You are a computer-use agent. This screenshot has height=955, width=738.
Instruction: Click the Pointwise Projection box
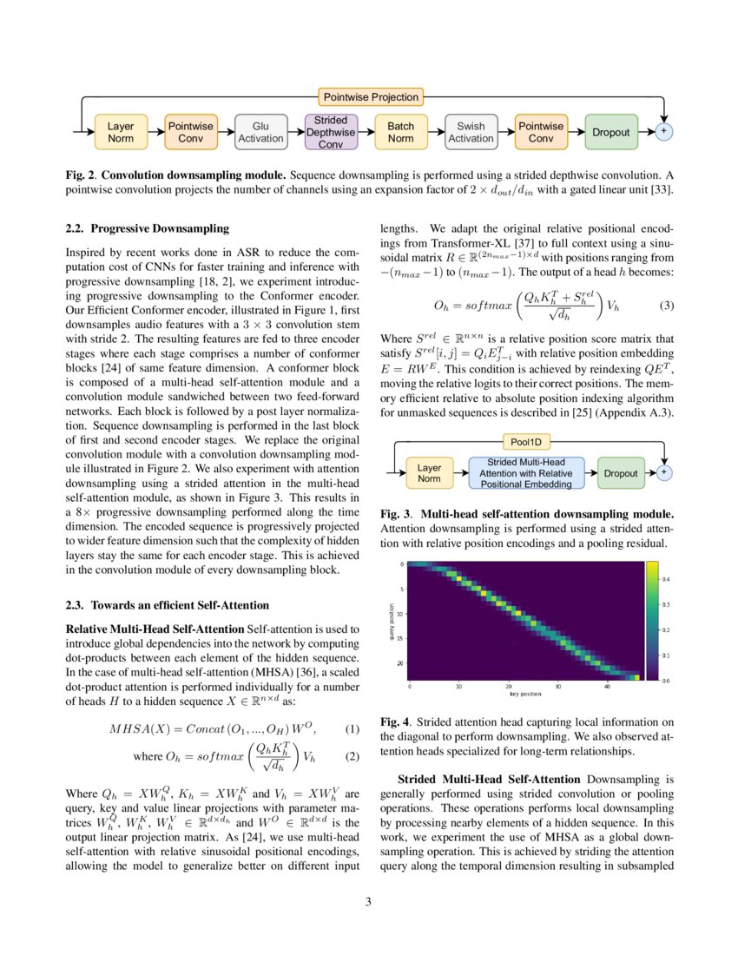371,97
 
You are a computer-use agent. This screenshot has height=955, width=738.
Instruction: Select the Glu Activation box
260,132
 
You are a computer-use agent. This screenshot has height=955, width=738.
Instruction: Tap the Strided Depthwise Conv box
331,132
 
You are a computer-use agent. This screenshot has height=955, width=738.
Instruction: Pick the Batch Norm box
400,132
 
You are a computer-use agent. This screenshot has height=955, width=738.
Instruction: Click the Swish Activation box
471,132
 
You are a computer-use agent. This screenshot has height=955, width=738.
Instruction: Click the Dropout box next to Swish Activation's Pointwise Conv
611,132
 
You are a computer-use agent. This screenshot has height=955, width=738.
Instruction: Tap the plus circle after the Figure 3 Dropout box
663,472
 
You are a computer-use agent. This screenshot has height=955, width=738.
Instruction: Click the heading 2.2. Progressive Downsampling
148,229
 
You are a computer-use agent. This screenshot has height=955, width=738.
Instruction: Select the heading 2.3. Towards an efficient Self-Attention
168,604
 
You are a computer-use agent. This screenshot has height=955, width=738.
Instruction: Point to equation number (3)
667,306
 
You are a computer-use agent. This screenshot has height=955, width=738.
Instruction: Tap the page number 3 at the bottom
368,901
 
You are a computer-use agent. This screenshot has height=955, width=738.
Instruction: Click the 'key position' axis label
524,695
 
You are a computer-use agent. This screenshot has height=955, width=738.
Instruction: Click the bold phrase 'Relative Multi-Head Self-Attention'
155,628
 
